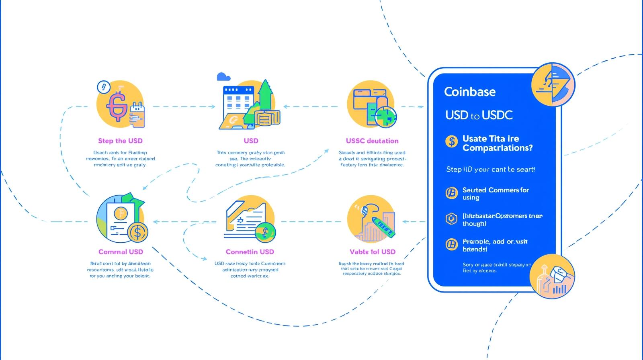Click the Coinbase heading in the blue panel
point(470,92)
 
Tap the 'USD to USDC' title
point(479,115)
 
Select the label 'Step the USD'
point(120,141)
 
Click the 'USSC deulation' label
point(372,141)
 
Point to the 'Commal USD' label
point(121,252)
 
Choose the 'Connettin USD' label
point(250,252)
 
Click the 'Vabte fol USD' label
point(372,252)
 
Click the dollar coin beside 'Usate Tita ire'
point(452,141)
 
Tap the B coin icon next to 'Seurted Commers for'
point(452,193)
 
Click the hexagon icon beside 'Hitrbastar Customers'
point(452,219)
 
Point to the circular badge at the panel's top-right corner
point(553,84)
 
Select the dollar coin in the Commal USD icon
point(137,232)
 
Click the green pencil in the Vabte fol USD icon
point(383,226)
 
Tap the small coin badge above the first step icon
point(104,86)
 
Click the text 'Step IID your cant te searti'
point(490,170)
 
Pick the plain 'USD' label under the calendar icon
point(251,141)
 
